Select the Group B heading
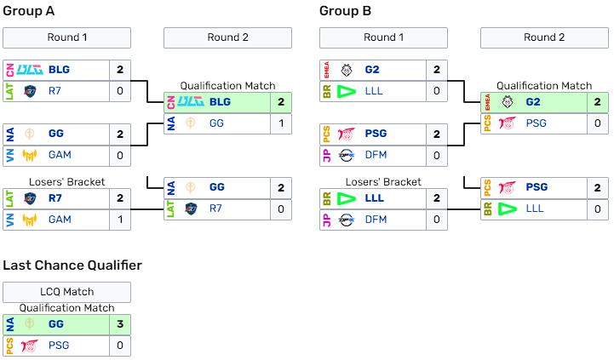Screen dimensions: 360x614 click(x=345, y=11)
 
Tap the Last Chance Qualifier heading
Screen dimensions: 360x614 click(x=72, y=266)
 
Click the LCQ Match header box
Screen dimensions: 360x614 click(x=67, y=292)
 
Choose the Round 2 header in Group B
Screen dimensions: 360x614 click(x=544, y=37)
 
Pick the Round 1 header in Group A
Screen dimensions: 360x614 click(x=67, y=37)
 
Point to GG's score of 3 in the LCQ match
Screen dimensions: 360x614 click(x=120, y=324)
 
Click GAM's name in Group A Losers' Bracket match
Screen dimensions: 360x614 click(x=60, y=220)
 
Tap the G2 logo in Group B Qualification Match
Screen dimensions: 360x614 click(x=508, y=102)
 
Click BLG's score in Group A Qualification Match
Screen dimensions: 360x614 click(x=280, y=102)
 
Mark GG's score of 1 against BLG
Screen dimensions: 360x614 click(x=280, y=123)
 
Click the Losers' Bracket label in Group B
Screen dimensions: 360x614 click(x=383, y=181)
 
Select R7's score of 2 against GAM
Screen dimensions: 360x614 click(x=120, y=198)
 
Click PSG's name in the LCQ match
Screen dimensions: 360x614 click(x=58, y=346)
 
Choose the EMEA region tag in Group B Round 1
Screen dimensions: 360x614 click(x=325, y=70)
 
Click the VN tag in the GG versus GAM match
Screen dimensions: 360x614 click(x=9, y=155)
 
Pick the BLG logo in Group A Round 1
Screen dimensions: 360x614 click(x=30, y=70)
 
